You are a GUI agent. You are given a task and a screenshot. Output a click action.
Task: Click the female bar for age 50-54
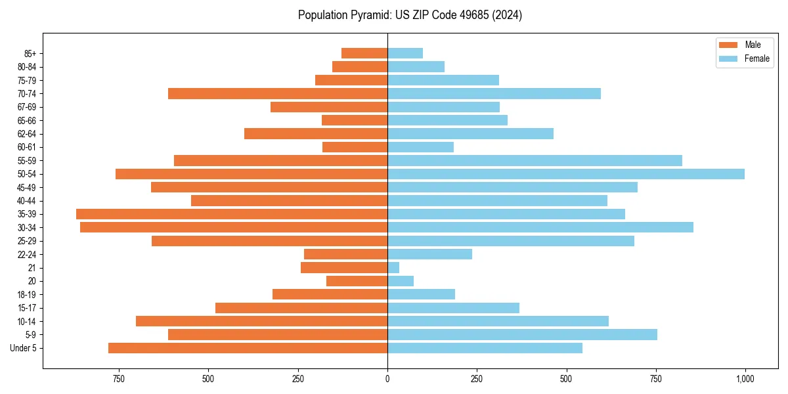coord(565,174)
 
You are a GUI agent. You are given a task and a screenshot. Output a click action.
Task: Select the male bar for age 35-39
coord(232,214)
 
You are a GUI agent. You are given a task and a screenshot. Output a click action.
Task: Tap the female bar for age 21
coord(393,268)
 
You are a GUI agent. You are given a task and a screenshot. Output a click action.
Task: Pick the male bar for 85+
coord(364,53)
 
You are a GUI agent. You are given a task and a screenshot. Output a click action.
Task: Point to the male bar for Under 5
coord(248,348)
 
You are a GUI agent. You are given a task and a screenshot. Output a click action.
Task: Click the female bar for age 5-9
coord(522,335)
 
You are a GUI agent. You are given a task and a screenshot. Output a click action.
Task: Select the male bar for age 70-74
coord(278,94)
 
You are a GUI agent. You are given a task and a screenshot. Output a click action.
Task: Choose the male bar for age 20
coord(357,281)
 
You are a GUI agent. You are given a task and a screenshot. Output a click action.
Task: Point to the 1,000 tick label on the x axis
coord(745,379)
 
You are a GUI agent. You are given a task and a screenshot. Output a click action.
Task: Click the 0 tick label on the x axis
coord(387,379)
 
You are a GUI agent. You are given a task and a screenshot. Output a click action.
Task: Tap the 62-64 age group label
coord(27,134)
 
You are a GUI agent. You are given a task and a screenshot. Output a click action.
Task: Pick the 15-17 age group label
coord(27,308)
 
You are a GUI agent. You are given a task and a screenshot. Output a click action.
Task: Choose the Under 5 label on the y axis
coord(24,348)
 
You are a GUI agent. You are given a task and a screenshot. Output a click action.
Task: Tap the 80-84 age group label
coord(27,67)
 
